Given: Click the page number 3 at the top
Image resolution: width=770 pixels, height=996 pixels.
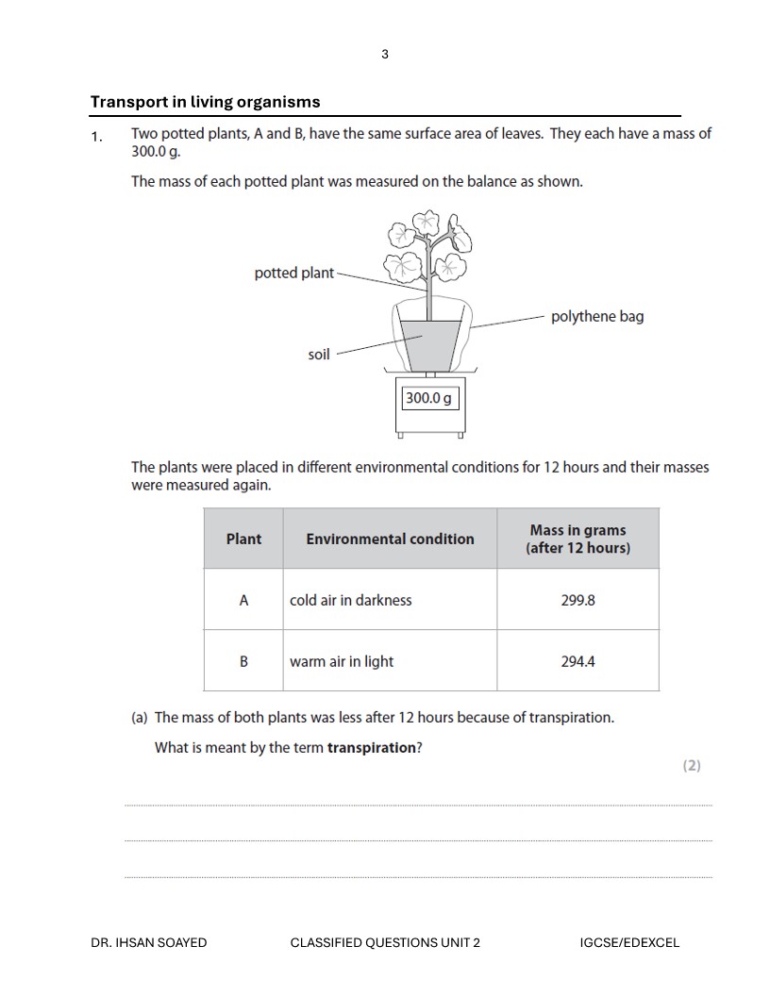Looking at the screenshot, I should coord(385,54).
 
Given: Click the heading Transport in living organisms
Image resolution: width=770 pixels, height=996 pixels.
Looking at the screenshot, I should coord(205,102).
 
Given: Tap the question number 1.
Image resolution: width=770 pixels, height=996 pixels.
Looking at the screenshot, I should coord(95,138).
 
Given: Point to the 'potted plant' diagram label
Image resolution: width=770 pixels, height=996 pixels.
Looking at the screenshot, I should coord(293,273).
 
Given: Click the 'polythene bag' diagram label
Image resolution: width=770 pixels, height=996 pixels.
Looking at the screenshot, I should coord(597,316).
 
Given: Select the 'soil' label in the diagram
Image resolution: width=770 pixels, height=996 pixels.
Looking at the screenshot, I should coord(319,355).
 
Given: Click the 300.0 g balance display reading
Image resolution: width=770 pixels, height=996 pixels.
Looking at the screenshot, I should coord(428,398).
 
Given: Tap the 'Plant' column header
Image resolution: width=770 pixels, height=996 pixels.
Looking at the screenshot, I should coord(243,539).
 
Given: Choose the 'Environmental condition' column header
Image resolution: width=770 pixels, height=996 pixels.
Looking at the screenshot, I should coord(390,539).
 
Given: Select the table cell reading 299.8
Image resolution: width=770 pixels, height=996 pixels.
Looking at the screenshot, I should coord(577,600).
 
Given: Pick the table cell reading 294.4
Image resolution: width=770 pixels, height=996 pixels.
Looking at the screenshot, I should coord(577,661).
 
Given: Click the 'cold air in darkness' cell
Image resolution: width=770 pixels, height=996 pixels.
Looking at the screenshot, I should coord(351,600).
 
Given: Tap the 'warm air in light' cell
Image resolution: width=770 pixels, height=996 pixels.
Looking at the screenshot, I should coord(342,661).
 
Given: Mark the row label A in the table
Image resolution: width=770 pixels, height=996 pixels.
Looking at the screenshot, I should coord(243,600).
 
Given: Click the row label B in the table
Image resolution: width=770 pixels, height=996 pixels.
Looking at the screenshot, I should coord(243,661).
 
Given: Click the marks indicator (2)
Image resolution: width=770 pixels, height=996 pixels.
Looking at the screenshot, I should coord(692,765).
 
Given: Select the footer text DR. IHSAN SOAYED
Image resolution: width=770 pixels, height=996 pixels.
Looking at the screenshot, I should coord(149,942).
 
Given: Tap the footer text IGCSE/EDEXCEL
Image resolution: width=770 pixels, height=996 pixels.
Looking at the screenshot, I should coord(629,942).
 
